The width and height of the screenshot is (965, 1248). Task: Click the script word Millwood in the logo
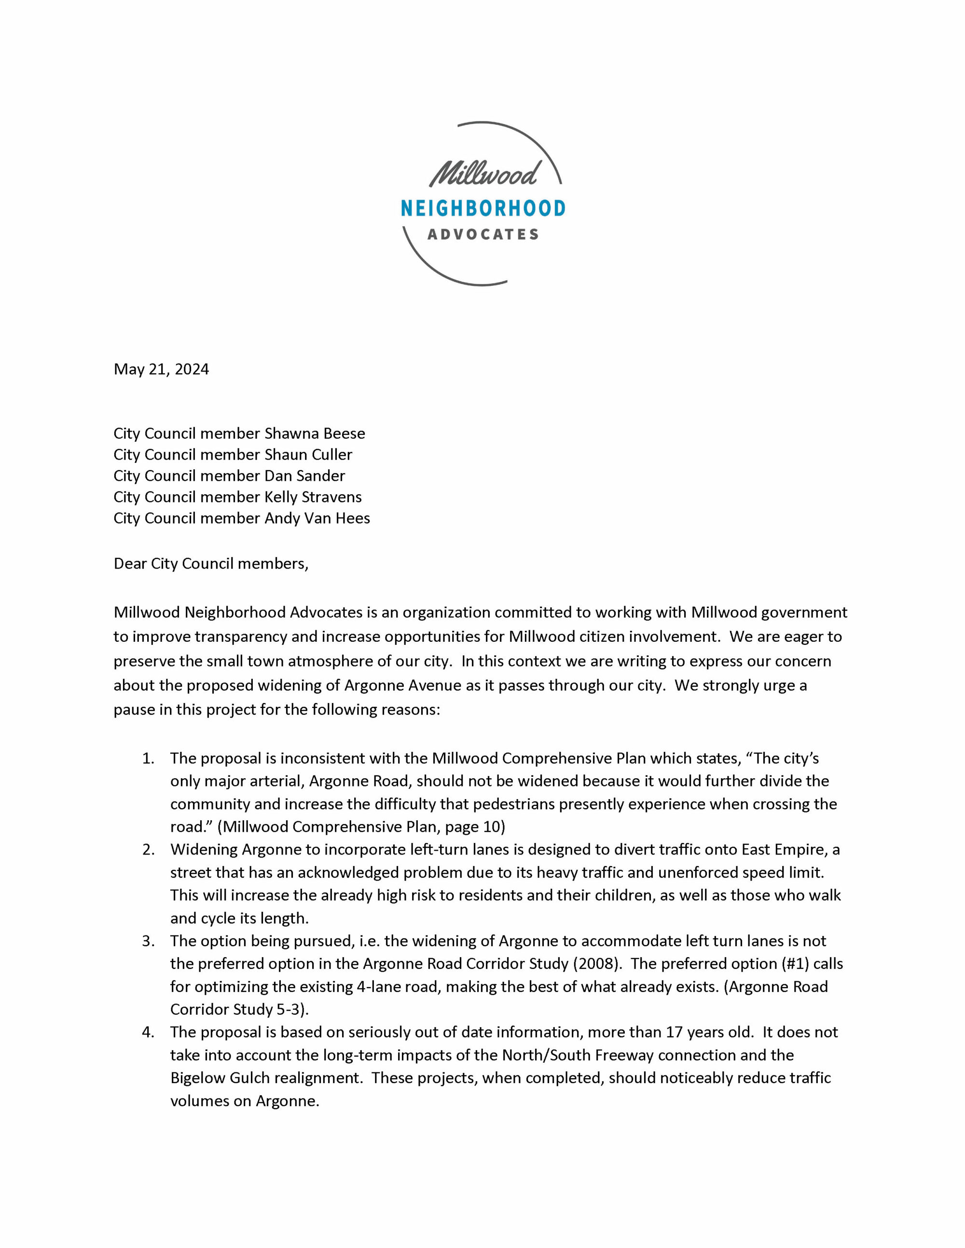[483, 174]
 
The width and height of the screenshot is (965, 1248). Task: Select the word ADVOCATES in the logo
[483, 234]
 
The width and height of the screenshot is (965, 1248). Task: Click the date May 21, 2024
[161, 369]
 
